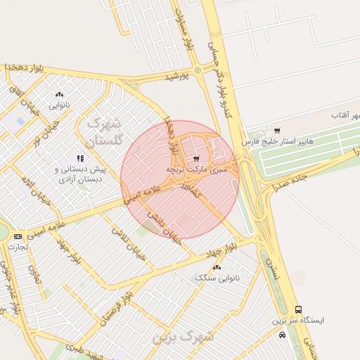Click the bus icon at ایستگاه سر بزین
click(298, 309)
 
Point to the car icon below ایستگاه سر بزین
click(282, 335)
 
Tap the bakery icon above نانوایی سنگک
click(216, 267)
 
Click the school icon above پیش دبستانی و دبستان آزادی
click(80, 158)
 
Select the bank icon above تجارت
click(18, 236)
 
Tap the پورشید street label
click(178, 76)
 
